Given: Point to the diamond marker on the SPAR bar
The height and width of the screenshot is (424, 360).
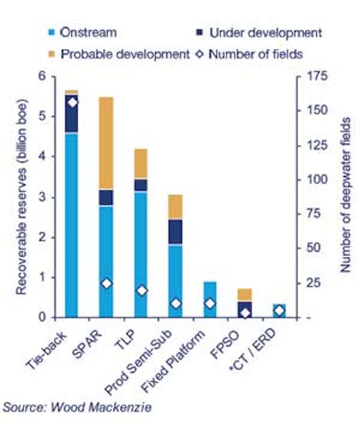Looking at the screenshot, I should (106, 283).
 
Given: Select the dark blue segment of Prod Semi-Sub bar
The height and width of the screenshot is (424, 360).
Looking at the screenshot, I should (175, 231).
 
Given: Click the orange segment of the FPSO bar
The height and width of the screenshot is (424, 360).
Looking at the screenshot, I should (244, 294).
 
